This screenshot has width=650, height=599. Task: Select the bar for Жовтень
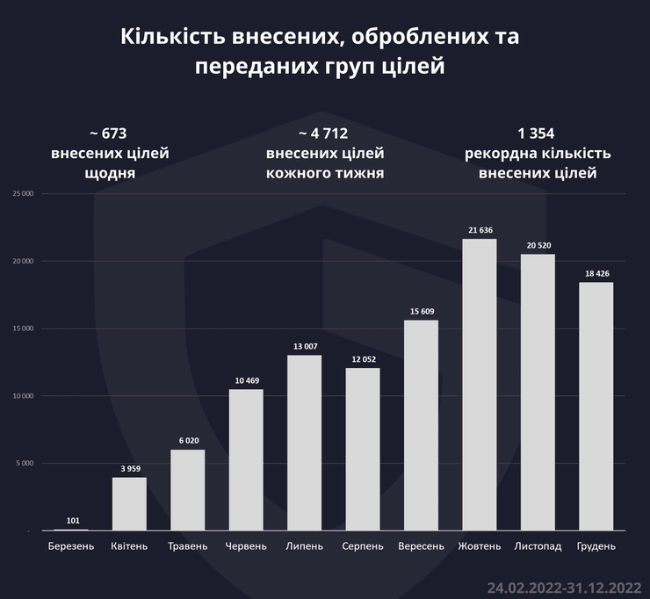click(479, 385)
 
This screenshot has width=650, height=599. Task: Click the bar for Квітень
click(129, 504)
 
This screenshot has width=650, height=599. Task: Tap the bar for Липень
click(304, 443)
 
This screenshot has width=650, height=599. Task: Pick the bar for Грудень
click(596, 406)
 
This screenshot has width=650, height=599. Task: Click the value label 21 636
click(479, 230)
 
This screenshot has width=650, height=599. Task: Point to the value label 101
click(71, 520)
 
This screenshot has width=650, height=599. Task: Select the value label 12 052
click(362, 359)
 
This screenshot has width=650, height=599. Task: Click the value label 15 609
click(421, 312)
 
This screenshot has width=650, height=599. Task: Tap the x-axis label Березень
click(71, 546)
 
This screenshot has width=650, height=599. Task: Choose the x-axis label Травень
click(187, 546)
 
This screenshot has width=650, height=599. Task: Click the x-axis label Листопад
click(537, 546)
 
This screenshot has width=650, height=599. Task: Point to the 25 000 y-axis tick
click(21, 194)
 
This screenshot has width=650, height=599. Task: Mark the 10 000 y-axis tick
click(21, 396)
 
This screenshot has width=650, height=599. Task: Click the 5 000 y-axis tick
click(23, 464)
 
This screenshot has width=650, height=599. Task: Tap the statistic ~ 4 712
click(324, 134)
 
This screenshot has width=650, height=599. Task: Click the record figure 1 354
click(538, 134)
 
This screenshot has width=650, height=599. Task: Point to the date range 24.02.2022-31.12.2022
click(563, 585)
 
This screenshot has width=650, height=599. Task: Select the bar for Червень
click(246, 460)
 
